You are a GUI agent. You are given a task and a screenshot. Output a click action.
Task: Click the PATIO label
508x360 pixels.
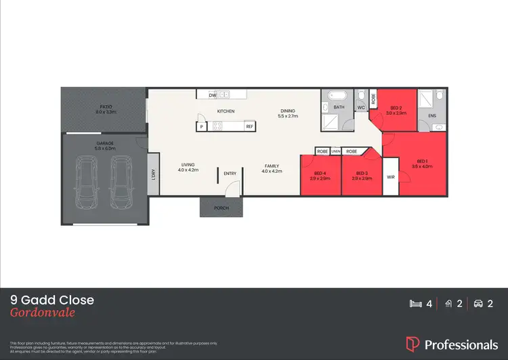point(105,107)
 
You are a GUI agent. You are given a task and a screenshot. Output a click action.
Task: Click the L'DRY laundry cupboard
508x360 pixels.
point(154,176)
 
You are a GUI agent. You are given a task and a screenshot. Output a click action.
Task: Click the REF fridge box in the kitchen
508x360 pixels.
point(249,126)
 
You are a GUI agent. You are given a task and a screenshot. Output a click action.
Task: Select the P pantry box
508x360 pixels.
point(201,126)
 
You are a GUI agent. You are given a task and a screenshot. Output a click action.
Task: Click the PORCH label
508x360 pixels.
point(220,207)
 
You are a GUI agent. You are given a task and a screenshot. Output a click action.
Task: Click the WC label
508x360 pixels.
point(361,107)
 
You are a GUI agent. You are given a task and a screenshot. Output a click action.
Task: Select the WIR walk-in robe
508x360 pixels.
point(391,176)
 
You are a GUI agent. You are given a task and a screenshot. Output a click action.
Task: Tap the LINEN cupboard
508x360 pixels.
point(335,151)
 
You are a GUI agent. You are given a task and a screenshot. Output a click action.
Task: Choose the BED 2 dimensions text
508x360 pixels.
point(396,113)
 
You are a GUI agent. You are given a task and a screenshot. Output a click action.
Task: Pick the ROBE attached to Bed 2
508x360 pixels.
point(373,98)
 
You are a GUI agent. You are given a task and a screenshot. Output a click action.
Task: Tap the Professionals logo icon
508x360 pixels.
point(412,344)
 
